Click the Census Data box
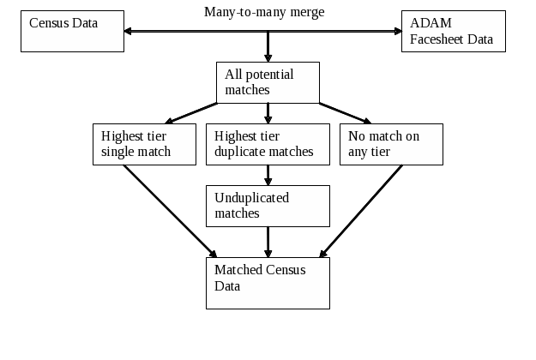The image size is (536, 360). click(71, 31)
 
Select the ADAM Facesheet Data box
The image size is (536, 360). click(452, 31)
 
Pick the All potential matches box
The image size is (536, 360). click(268, 82)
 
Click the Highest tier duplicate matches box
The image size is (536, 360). click(268, 144)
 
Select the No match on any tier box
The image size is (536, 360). click(391, 144)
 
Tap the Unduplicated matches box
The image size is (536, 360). click(268, 205)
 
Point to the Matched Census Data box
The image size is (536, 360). click(268, 282)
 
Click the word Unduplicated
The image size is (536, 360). click(252, 198)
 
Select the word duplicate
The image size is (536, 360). click(239, 153)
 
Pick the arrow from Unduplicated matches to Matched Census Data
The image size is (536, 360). click(268, 241)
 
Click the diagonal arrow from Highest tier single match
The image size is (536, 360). click(170, 211)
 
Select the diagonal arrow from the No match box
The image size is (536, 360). click(362, 211)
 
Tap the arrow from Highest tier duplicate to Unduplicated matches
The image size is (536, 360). click(268, 175)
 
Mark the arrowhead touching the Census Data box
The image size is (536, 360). click(129, 32)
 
